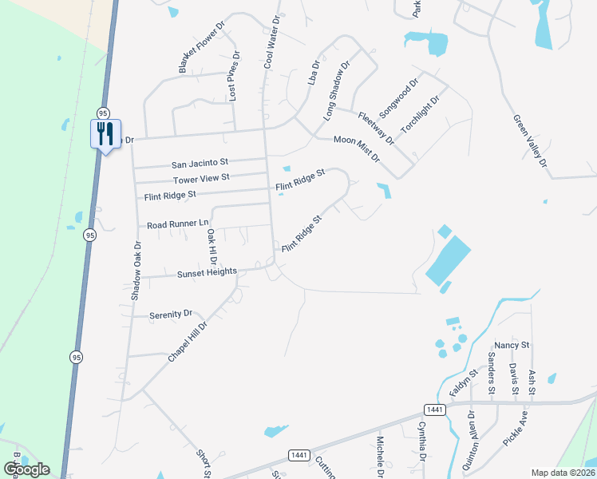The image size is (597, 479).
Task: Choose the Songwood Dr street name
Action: tap(400, 97)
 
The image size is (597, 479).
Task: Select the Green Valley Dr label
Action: tap(531, 141)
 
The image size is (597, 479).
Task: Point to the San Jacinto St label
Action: tap(200, 162)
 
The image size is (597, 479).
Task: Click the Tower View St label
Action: tap(201, 178)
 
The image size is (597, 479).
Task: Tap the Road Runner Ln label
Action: tap(177, 224)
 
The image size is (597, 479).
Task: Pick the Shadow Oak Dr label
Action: tap(136, 271)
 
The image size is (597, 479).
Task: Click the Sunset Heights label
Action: tap(207, 272)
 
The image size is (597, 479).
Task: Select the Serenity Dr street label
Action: tap(171, 315)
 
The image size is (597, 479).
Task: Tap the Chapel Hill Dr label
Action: tap(188, 342)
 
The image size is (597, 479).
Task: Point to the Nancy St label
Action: tap(512, 345)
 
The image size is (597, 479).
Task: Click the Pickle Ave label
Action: tap(515, 429)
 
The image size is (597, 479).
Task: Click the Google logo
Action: tap(26, 469)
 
